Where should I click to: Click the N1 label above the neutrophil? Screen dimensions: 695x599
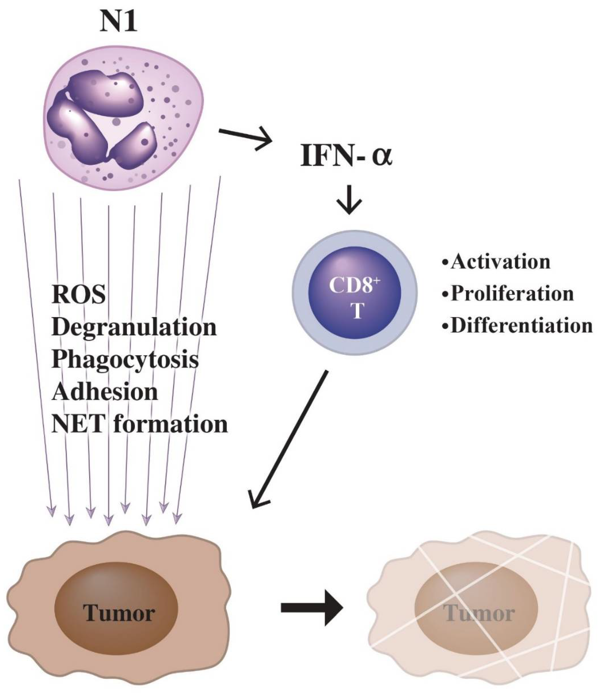tap(118, 21)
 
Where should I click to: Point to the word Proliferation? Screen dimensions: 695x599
tap(512, 294)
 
